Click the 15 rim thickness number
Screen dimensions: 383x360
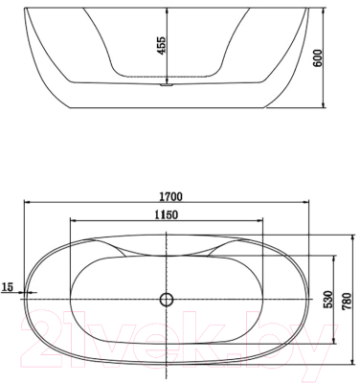pos(9,286)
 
